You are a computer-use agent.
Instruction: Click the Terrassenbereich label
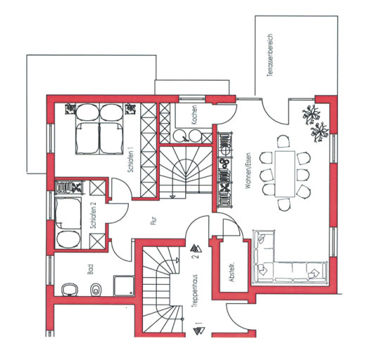pyautogui.click(x=270, y=56)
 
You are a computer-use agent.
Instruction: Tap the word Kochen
pyautogui.click(x=194, y=115)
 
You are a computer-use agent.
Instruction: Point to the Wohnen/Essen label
pyautogui.click(x=248, y=170)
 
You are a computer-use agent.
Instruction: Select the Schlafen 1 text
pyautogui.click(x=131, y=160)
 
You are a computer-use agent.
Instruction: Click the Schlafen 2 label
pyautogui.click(x=93, y=215)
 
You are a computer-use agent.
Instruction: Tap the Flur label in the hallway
pyautogui.click(x=153, y=221)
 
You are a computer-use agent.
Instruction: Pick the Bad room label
pyautogui.click(x=90, y=269)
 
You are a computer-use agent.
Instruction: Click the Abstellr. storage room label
pyautogui.click(x=232, y=272)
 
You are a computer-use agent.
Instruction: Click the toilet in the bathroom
pyautogui.click(x=96, y=290)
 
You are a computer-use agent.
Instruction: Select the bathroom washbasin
pyautogui.click(x=69, y=290)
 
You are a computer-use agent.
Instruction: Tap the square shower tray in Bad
pyautogui.click(x=124, y=286)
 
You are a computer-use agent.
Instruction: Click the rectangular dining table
pyautogui.click(x=285, y=174)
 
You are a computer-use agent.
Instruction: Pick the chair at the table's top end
pyautogui.click(x=284, y=141)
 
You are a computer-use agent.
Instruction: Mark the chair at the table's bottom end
pyautogui.click(x=284, y=205)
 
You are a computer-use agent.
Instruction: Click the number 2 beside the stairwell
pyautogui.click(x=196, y=256)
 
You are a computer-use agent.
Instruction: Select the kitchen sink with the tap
pyautogui.click(x=181, y=136)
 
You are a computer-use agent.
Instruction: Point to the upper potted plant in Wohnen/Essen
pyautogui.click(x=311, y=114)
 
